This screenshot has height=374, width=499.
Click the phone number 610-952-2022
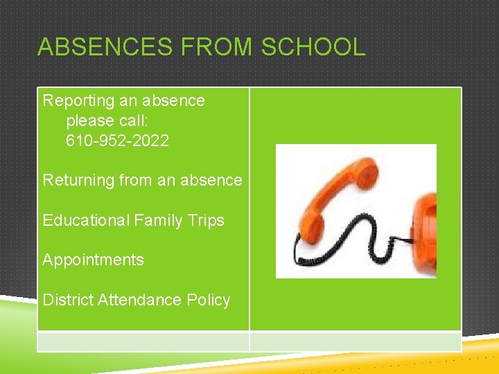tap(117, 141)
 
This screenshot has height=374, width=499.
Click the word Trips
tap(206, 220)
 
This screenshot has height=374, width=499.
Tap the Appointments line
tap(93, 260)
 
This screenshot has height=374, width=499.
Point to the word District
tap(68, 300)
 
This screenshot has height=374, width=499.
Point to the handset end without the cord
tap(364, 170)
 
